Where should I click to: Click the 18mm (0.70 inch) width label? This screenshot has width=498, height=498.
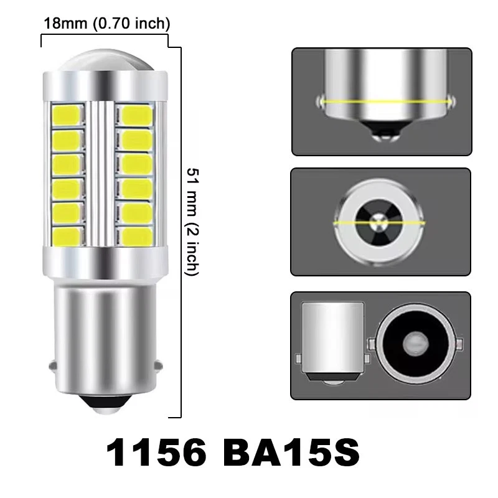pyautogui.click(x=106, y=24)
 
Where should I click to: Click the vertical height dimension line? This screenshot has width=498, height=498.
pyautogui.click(x=181, y=230)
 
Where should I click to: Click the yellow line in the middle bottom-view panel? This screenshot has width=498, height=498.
pyautogui.click(x=380, y=222)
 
